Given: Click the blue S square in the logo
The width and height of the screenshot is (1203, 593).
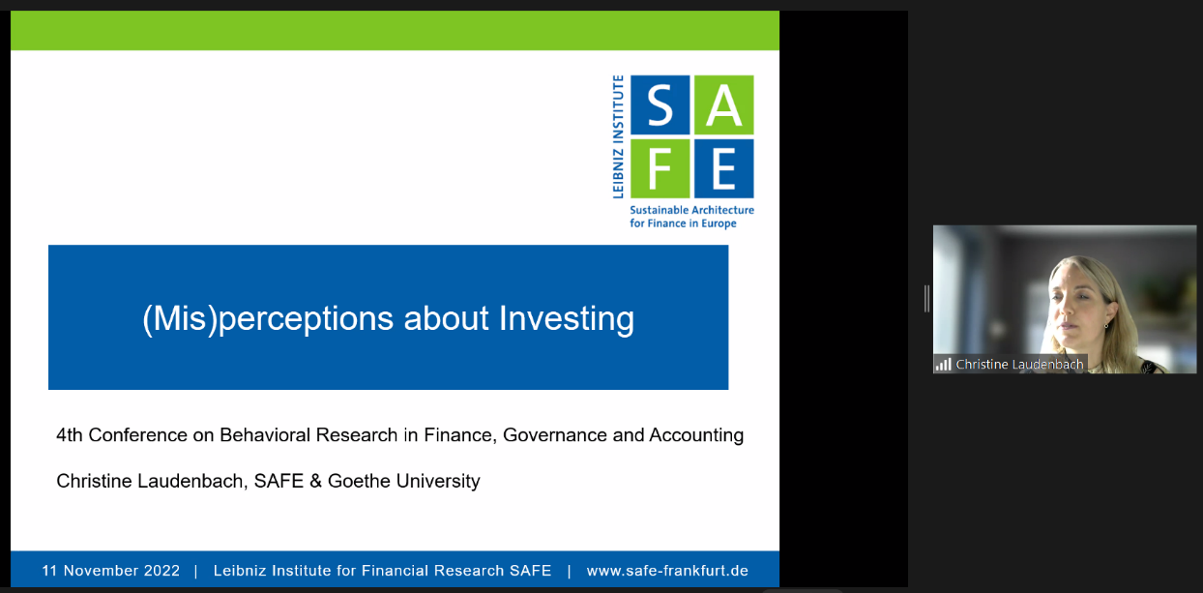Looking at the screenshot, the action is (x=660, y=104).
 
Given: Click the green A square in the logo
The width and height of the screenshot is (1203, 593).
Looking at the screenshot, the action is (x=724, y=104).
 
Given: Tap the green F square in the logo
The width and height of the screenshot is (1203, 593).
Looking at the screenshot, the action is (x=660, y=168).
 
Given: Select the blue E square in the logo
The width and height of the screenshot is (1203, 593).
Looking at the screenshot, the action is (x=724, y=168).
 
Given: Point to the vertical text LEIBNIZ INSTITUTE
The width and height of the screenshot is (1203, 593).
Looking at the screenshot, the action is (x=619, y=137).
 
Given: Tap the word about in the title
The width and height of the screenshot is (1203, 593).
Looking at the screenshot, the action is (x=447, y=318).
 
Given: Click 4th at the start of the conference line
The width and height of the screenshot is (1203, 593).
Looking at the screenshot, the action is (x=70, y=434).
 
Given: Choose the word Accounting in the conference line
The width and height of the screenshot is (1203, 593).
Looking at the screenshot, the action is (x=696, y=434).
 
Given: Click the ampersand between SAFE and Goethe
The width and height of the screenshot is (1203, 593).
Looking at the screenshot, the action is (x=316, y=481).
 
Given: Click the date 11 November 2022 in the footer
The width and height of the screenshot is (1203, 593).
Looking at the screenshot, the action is (x=111, y=571).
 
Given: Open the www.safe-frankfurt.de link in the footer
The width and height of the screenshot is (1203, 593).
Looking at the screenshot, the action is (x=667, y=571).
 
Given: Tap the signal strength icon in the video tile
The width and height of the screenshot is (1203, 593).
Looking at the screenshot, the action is (x=943, y=365).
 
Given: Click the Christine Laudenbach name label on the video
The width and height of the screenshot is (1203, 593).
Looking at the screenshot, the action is (x=1019, y=365).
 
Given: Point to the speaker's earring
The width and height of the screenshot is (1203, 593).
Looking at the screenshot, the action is (x=1106, y=325).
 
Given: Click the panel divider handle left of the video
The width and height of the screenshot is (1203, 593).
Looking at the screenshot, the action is (x=926, y=299).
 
